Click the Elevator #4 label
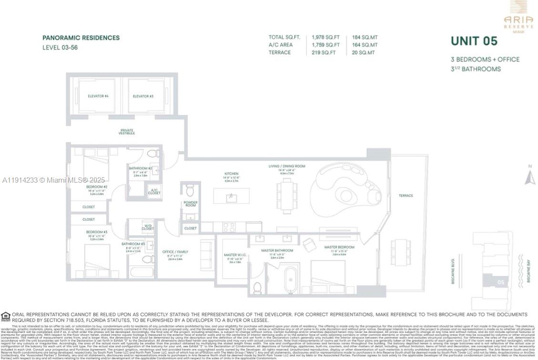98,96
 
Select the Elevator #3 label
143,96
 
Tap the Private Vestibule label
127,132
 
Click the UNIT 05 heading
474,41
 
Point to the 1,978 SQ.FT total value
325,37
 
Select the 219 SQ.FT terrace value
324,52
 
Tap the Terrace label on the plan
406,195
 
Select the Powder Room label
190,204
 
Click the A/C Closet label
154,192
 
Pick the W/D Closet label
148,227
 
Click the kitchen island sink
232,197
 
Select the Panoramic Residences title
81,38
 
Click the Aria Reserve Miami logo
518,17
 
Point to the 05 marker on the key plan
500,282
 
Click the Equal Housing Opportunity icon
6,316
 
